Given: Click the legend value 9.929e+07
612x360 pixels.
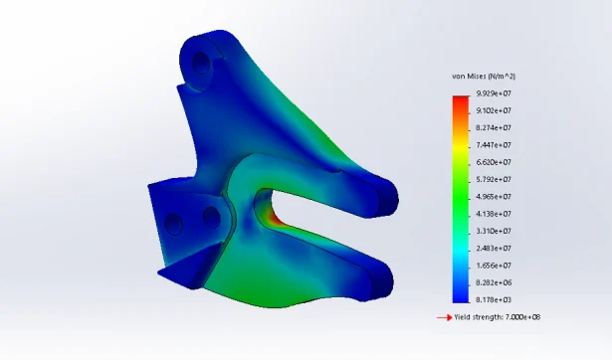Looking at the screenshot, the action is tap(494, 93).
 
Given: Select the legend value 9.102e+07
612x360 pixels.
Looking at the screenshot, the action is tap(494, 110).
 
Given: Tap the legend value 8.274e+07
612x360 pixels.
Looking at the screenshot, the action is tap(494, 128).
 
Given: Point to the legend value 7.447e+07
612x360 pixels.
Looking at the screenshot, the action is tap(494, 145).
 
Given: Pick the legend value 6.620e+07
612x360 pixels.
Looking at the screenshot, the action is tap(494, 162).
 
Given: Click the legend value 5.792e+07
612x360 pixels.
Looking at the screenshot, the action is tap(494, 179).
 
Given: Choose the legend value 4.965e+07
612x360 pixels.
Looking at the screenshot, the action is tap(494, 197).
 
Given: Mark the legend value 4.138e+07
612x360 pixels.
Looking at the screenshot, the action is tap(494, 214).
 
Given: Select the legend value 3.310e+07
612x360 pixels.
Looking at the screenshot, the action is tap(494, 231).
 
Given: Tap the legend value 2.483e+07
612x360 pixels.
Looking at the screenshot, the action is tap(494, 248).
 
